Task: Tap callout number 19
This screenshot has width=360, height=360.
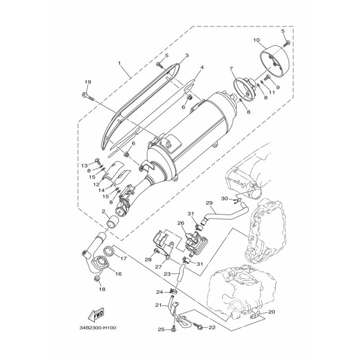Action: point(88,82)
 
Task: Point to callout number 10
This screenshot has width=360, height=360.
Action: point(256,40)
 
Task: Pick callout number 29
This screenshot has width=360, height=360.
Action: point(209,203)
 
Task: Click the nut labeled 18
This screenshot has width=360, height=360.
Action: point(97,279)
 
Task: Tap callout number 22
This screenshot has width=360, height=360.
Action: point(212,328)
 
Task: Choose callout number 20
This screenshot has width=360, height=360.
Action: point(271,312)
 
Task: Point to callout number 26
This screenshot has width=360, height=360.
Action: point(181,223)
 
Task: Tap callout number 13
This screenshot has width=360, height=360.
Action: point(85,166)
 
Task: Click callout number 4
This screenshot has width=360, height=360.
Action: point(202,67)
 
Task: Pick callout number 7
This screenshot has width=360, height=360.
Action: point(231,69)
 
